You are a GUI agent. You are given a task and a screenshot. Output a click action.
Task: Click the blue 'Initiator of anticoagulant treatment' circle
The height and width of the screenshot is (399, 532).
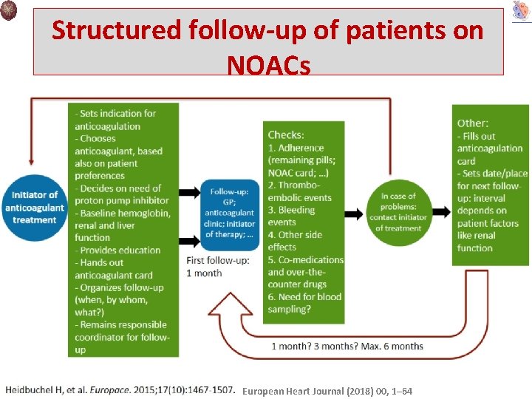(x=34, y=207)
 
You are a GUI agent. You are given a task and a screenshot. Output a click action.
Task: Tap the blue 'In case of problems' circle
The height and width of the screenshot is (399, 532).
(x=398, y=212)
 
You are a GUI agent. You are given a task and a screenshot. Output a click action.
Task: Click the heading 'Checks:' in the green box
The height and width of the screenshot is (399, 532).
(x=285, y=134)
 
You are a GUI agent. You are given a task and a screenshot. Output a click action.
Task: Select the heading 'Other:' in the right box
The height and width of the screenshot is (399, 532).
(x=473, y=123)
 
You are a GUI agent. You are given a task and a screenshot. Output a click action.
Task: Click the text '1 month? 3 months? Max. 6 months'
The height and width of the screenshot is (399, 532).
(x=347, y=346)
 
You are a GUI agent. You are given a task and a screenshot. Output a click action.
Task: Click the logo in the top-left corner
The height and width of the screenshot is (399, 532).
(x=10, y=10)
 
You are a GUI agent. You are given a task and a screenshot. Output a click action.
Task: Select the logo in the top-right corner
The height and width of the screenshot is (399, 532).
(x=520, y=11)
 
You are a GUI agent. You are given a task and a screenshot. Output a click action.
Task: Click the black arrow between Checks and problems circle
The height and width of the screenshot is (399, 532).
(x=355, y=214)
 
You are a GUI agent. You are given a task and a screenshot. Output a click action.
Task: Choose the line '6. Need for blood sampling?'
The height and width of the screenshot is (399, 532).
(x=305, y=303)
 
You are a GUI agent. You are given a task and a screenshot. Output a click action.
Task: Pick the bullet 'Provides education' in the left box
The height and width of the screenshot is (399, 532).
(x=120, y=250)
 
